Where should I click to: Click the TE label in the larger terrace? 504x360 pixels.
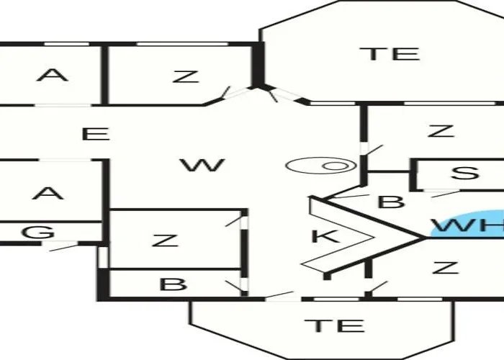(x=390, y=54)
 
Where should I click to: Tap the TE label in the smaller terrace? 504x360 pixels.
(x=334, y=325)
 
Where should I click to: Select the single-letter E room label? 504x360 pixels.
(x=96, y=134)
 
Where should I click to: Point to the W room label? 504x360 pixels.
(x=202, y=165)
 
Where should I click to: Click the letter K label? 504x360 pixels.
(x=325, y=236)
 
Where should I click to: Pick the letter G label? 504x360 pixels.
(x=38, y=232)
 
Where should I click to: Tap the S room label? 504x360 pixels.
(x=465, y=172)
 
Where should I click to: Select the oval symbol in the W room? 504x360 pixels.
(x=321, y=166)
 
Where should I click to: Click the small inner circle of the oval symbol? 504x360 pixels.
(x=335, y=166)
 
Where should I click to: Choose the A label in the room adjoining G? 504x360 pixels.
(x=48, y=194)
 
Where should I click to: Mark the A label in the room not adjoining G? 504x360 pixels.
(x=53, y=75)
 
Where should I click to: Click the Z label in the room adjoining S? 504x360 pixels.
(x=441, y=131)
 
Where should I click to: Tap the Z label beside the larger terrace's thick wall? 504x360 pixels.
(x=186, y=76)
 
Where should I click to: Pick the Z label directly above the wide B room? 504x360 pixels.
(x=165, y=240)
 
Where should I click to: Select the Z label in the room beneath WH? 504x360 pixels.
(x=445, y=267)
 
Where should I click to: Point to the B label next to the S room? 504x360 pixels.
(x=392, y=202)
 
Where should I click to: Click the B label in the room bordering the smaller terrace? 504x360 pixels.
(x=173, y=284)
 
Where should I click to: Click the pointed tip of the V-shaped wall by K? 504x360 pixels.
(x=425, y=238)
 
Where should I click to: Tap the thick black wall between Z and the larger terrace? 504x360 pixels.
(x=258, y=65)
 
